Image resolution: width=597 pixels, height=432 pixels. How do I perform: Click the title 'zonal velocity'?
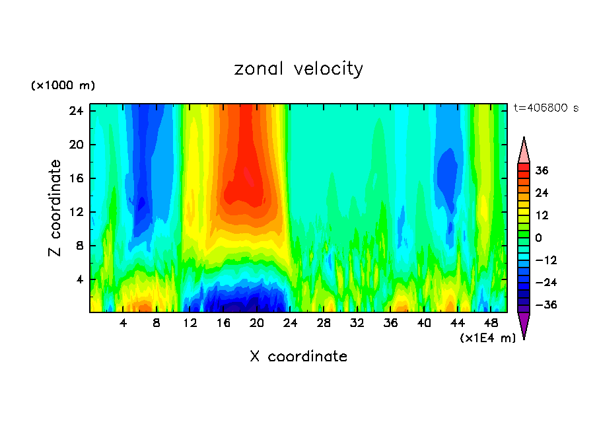(x=298, y=69)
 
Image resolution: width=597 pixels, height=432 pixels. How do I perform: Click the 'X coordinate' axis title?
(x=298, y=357)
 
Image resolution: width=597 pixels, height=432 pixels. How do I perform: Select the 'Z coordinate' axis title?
(x=55, y=208)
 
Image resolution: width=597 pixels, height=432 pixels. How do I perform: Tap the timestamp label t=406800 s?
(x=545, y=108)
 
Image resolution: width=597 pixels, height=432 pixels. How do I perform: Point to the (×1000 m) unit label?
(x=63, y=86)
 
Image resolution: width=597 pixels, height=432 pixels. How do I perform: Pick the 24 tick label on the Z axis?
(x=76, y=111)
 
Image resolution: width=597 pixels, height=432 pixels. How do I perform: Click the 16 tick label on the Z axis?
(x=76, y=178)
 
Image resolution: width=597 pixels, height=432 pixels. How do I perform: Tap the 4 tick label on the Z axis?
(x=79, y=279)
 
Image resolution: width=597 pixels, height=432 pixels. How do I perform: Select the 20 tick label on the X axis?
(x=257, y=323)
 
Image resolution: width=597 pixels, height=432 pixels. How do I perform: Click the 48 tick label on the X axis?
(x=491, y=323)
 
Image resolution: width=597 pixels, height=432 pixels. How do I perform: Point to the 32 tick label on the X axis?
(x=357, y=323)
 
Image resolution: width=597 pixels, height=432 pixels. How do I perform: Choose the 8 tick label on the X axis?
(x=157, y=323)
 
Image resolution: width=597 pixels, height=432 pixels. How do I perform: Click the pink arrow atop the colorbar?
(x=524, y=151)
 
